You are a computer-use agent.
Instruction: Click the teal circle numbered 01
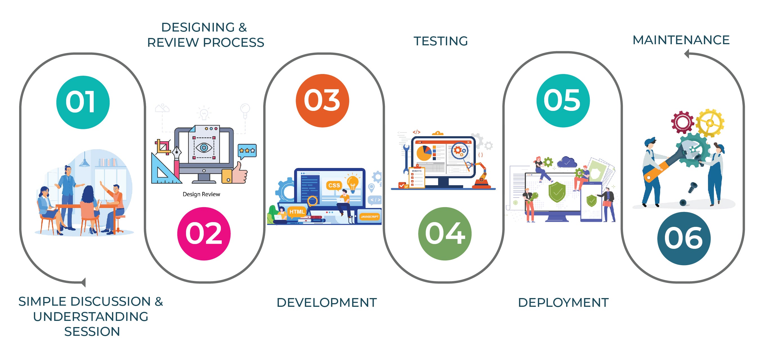[x=83, y=102]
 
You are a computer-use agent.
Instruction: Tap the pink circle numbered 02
[x=204, y=234]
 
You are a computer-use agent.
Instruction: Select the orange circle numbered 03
[x=322, y=100]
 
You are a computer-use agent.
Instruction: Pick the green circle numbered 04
[x=445, y=234]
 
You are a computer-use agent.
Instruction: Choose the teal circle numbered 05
[x=563, y=100]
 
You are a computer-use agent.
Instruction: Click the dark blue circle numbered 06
[x=684, y=238]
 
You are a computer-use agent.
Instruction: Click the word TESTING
[x=440, y=41]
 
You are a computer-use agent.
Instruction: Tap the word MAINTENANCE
[x=681, y=40]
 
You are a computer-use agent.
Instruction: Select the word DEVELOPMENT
[x=327, y=302]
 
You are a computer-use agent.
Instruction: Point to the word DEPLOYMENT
[x=563, y=302]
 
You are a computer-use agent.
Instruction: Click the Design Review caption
[x=201, y=194]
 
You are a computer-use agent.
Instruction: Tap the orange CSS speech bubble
[x=334, y=186]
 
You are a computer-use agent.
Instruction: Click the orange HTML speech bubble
[x=297, y=212]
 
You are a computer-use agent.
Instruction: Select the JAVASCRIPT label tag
[x=369, y=216]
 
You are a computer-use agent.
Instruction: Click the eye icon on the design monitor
[x=204, y=147]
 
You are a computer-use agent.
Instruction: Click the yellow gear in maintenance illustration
[x=710, y=123]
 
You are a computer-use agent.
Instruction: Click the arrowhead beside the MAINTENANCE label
[x=687, y=54]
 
